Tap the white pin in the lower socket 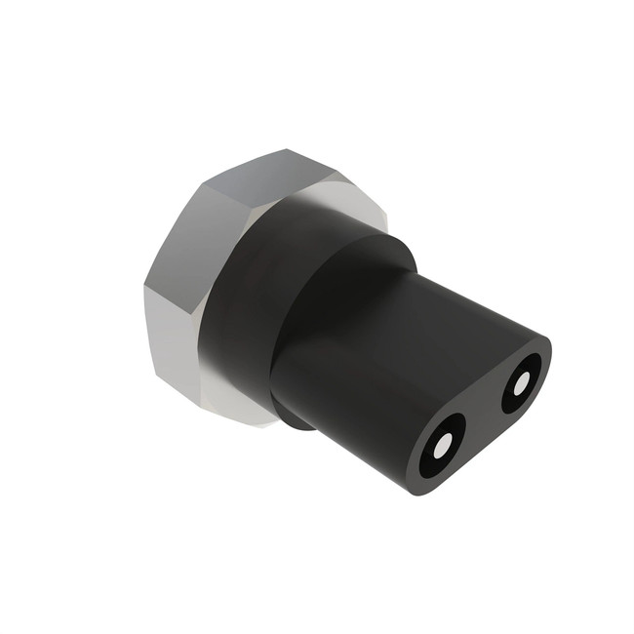click(x=444, y=445)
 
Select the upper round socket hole click(x=522, y=380)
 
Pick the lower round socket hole click(x=444, y=446)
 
